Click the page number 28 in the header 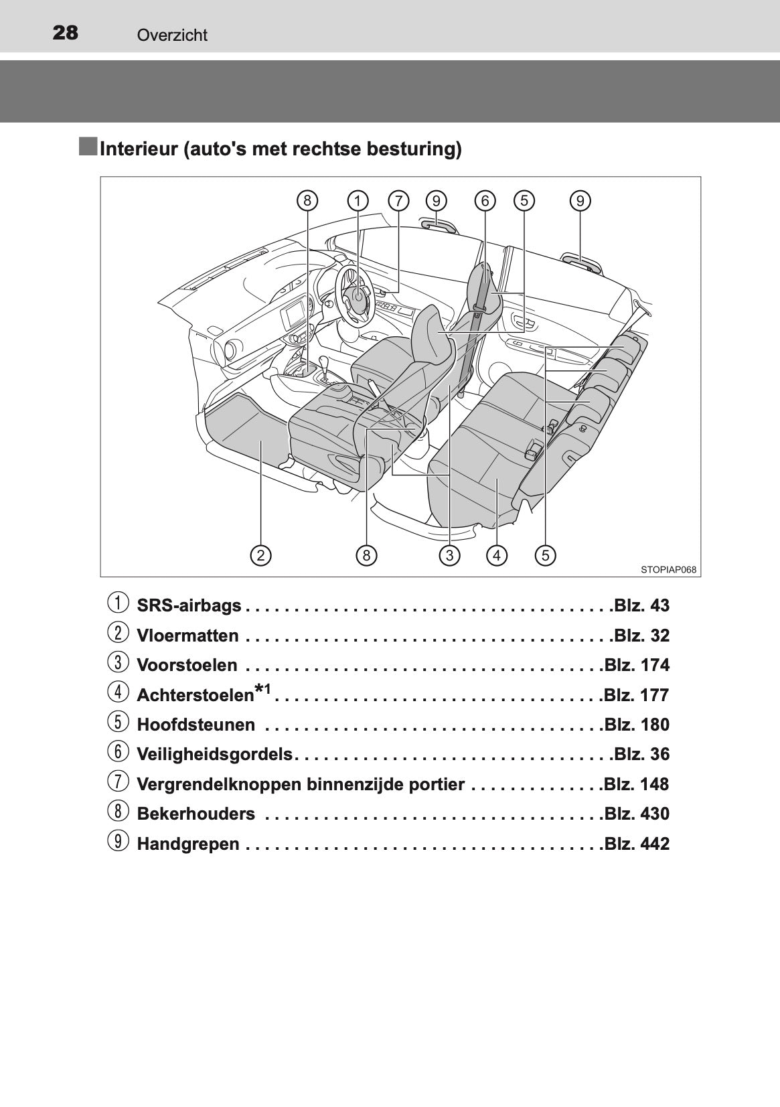click(65, 33)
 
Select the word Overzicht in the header click(172, 35)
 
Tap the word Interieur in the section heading click(138, 149)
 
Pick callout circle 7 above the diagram click(398, 201)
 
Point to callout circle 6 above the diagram click(485, 201)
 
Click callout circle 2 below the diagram click(261, 555)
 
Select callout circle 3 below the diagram click(449, 555)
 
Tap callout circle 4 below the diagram click(497, 555)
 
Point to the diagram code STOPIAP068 click(668, 570)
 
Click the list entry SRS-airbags click(189, 606)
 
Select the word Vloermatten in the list click(187, 636)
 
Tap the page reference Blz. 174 click(636, 666)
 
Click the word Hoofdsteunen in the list click(196, 725)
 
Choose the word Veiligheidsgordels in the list click(214, 755)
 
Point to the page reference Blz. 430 click(636, 814)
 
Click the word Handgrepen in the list click(187, 844)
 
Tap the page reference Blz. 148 click(636, 784)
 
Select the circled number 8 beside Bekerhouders click(117, 813)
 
